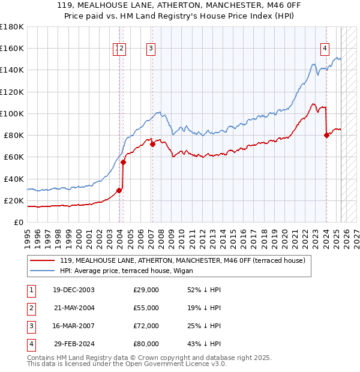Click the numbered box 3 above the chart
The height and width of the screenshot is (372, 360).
[151, 49]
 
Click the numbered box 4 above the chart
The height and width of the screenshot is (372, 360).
[325, 49]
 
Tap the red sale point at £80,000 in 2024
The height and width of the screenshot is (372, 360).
[326, 135]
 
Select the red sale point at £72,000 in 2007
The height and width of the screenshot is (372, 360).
[152, 144]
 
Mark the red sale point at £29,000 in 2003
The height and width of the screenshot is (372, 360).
[119, 190]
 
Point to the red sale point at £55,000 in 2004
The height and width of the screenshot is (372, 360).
[123, 162]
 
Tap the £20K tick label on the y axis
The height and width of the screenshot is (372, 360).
[14, 200]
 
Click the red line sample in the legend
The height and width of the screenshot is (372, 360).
[42, 260]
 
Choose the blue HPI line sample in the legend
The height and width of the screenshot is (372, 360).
[42, 271]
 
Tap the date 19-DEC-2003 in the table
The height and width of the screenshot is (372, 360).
[74, 290]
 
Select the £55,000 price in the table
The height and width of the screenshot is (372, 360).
[146, 308]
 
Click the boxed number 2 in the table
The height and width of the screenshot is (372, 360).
[31, 308]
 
